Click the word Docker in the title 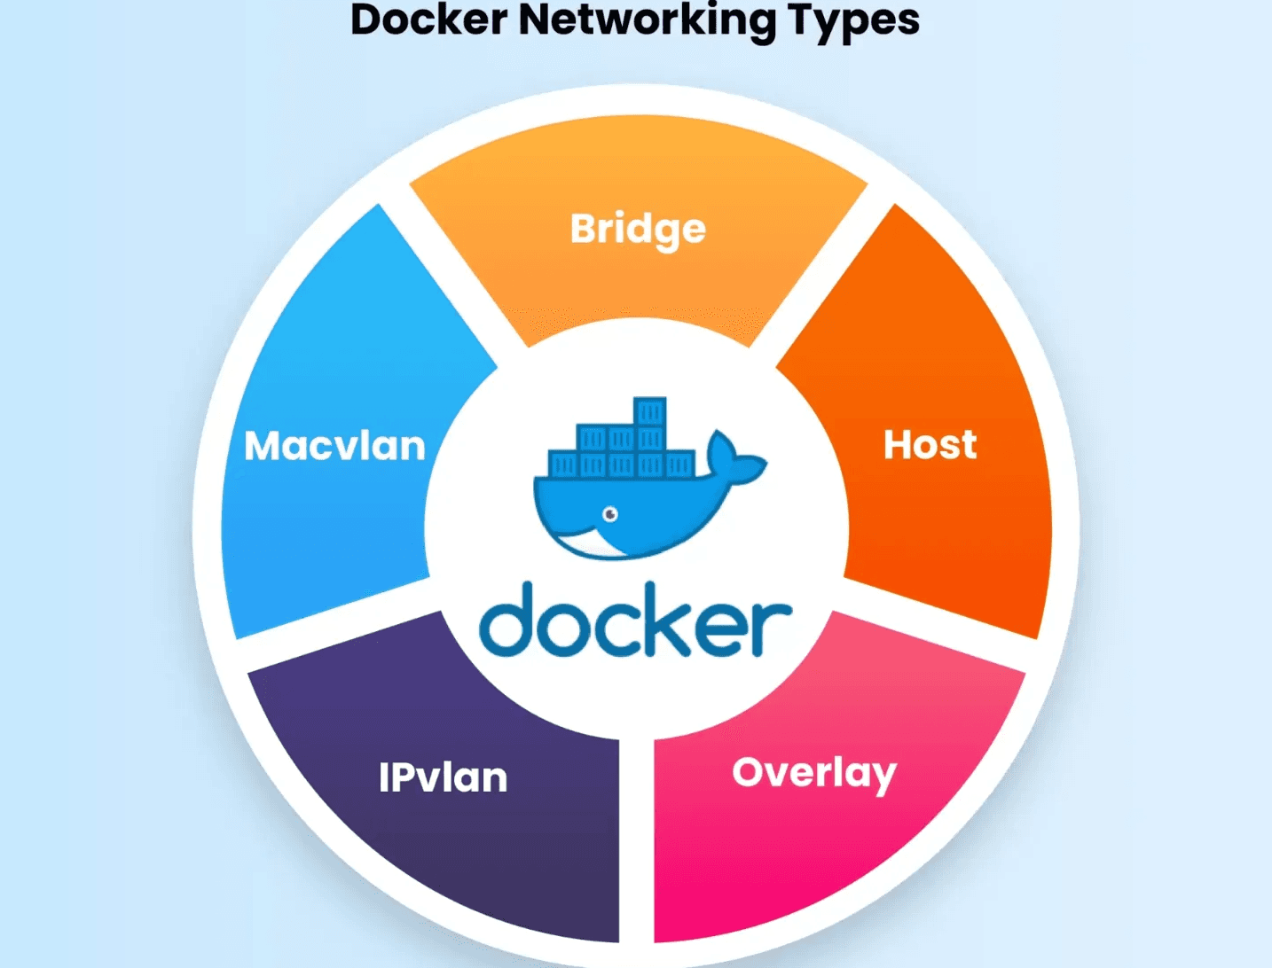tap(428, 20)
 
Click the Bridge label tap(638, 230)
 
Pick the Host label tap(930, 445)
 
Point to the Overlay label tap(813, 774)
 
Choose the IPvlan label tap(443, 778)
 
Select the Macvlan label tap(334, 446)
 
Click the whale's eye tap(610, 514)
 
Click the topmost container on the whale tap(649, 412)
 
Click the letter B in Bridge tap(584, 229)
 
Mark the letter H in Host tap(899, 445)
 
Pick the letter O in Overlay tap(750, 773)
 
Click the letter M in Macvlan tap(267, 446)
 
